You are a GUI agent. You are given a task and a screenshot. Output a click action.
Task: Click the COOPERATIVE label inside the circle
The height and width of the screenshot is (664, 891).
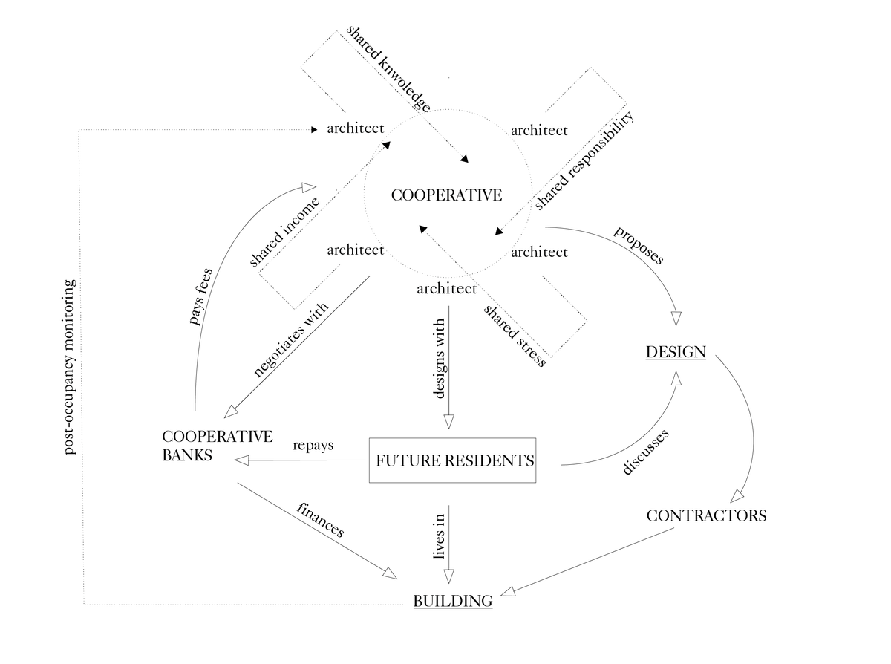coord(446,195)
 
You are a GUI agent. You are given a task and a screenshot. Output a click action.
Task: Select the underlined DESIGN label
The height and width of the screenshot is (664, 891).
coord(676,351)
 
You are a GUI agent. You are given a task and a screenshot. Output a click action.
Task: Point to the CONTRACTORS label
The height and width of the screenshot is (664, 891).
coord(706,515)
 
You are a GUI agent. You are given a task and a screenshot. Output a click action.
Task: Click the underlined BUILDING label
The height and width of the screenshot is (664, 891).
coord(452,601)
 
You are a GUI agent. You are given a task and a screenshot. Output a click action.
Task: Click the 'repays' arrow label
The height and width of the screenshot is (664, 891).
coord(313,446)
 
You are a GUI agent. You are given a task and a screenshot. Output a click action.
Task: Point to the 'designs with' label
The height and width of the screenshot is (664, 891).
coord(438,359)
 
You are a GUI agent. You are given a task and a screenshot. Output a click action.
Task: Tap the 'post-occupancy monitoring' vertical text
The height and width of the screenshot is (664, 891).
coord(70,367)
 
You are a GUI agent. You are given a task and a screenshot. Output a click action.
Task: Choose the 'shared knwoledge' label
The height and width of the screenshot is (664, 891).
coord(388,69)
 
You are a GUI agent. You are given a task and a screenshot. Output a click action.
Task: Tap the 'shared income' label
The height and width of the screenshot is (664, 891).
coord(284,232)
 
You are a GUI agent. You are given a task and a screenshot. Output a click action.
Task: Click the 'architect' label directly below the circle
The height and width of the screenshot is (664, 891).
coord(446,288)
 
